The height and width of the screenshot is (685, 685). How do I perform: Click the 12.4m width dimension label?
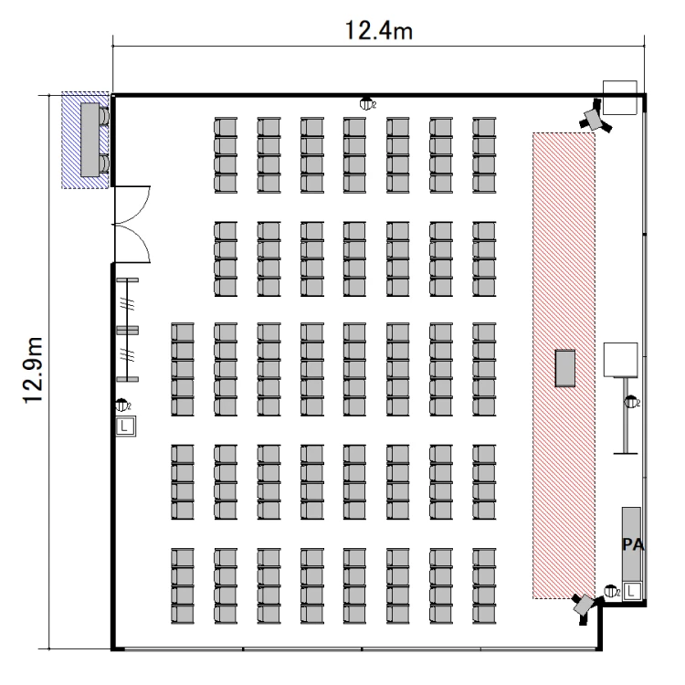(x=379, y=30)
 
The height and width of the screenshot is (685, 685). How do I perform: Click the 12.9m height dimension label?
(x=33, y=371)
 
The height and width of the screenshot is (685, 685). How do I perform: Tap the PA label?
(x=633, y=544)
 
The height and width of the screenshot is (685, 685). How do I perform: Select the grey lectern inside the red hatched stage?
(x=564, y=368)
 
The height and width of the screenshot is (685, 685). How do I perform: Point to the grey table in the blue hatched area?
(x=90, y=140)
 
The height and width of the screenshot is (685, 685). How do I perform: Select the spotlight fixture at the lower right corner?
(x=585, y=606)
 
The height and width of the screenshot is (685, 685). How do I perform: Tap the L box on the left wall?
(x=126, y=426)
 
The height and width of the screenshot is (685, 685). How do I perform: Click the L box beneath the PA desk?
(x=631, y=592)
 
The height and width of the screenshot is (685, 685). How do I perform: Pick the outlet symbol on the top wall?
(x=366, y=104)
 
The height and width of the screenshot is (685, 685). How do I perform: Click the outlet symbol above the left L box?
(x=122, y=406)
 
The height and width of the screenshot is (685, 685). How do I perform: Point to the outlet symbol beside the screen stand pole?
(x=632, y=402)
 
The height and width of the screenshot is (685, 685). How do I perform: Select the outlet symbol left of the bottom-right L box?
(x=612, y=592)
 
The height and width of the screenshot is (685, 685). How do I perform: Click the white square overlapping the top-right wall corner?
(x=619, y=98)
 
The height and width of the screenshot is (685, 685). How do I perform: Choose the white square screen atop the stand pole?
(x=620, y=360)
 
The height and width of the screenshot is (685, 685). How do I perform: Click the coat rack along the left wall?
(x=127, y=330)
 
